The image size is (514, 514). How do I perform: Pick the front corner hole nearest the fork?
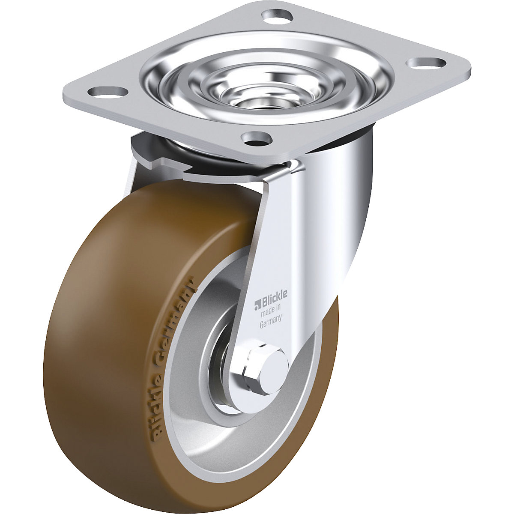click(257, 138)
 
